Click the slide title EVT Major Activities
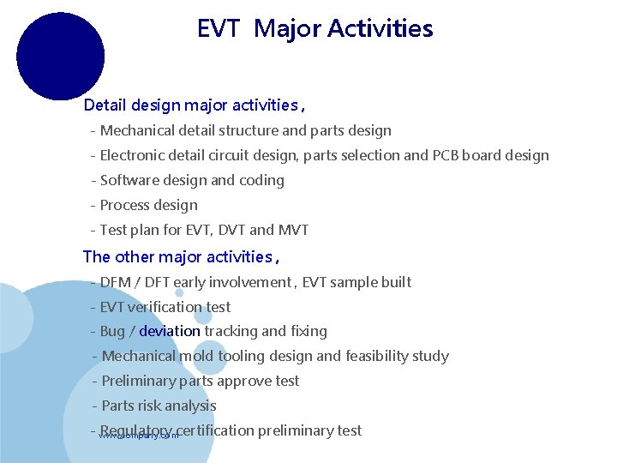tap(314, 29)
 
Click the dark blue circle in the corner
tap(60, 56)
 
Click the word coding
tap(262, 181)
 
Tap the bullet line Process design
tap(148, 206)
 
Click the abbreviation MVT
tap(293, 231)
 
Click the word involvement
tap(251, 282)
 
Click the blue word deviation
tap(170, 331)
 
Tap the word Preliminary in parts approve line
tap(141, 381)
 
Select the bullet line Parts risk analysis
tap(159, 406)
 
